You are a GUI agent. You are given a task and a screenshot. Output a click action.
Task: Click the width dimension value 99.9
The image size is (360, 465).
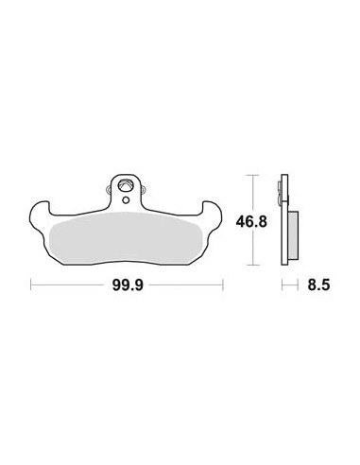click(128, 285)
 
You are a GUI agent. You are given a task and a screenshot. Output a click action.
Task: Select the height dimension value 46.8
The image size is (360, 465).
click(251, 222)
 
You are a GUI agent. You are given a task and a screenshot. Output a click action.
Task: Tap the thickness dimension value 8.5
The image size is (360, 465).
click(318, 285)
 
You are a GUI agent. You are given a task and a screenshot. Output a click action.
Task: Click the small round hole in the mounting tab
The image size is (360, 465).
click(126, 199)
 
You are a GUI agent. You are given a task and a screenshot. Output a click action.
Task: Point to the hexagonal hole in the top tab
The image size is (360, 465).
click(125, 185)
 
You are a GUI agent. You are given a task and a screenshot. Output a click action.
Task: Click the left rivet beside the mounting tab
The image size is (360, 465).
click(108, 189)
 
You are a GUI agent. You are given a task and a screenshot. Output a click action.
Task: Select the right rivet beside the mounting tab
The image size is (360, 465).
click(144, 189)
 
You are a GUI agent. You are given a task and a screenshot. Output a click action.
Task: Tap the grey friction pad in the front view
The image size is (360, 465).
click(126, 238)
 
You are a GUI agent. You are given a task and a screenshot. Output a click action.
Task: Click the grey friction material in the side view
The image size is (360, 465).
click(293, 235)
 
